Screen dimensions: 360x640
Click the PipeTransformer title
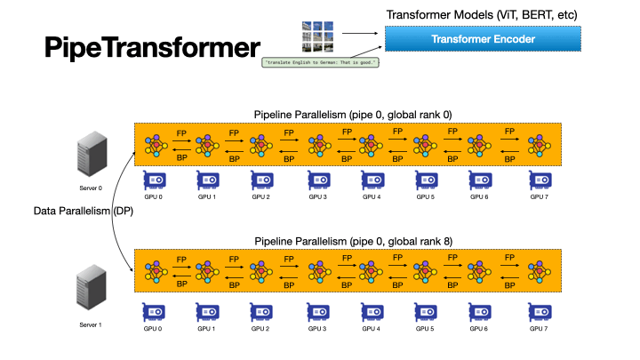153,47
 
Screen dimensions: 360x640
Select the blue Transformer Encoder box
483,39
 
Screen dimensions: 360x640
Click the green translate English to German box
321,62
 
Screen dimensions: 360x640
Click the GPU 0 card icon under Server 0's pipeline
155,180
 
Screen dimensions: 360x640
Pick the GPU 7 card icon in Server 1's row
540,311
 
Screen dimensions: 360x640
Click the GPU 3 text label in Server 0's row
318,196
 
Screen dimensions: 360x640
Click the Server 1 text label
90,324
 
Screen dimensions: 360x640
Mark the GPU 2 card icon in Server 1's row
262,311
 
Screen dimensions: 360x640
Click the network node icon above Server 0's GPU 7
539,143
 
